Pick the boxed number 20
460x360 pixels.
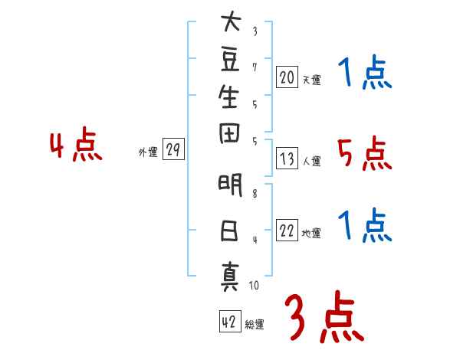[287, 77]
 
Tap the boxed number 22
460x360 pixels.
[287, 231]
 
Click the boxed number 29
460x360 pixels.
[173, 150]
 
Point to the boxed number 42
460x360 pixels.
[228, 322]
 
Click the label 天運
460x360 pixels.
[311, 80]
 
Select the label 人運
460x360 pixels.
[311, 161]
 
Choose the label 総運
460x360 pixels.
[255, 325]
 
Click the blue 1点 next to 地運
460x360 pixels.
[364, 227]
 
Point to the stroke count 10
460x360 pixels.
[254, 286]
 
